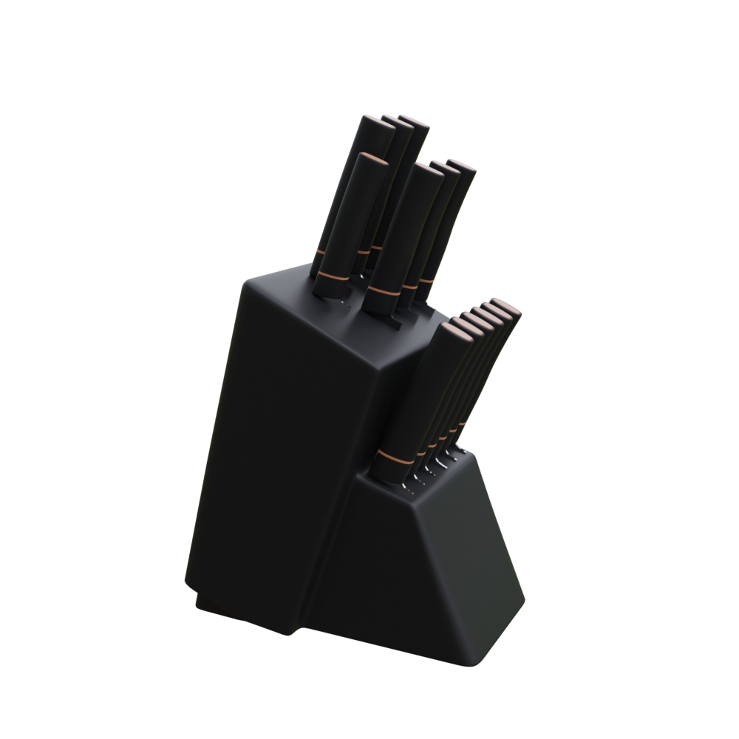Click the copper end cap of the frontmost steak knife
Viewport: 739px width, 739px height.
point(460,332)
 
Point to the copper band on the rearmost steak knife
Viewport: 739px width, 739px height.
point(463,423)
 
